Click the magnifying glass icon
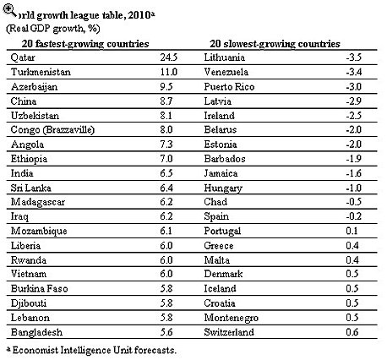coord(9,10)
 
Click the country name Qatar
coord(23,57)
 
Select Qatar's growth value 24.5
coord(169,57)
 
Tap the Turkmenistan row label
coord(41,72)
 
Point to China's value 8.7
coord(166,101)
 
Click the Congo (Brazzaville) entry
coord(52,130)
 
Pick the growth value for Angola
coord(166,145)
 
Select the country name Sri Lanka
coord(31,188)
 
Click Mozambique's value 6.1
coord(166,231)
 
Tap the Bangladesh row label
coord(36,332)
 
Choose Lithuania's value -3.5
coord(354,57)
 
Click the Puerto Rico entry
coord(229,87)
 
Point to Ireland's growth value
coord(354,116)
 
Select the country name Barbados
coord(225,159)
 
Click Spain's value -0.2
coord(354,216)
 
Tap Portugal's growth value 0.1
coord(352,231)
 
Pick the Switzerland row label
coord(229,332)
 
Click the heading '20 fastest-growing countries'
coord(85,44)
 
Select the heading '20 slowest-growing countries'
coord(275,44)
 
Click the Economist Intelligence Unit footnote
coord(91,350)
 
